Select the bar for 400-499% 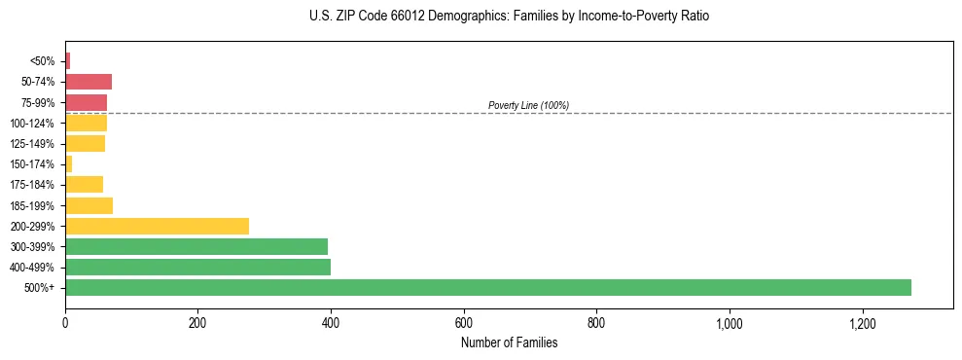pos(197,267)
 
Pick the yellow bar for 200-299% pos(157,226)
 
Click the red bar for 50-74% pos(89,82)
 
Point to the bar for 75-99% pos(86,102)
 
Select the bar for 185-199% pos(89,205)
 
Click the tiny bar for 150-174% pos(69,163)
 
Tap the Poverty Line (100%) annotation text pos(528,105)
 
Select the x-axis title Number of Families pos(509,342)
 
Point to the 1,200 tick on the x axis pos(862,322)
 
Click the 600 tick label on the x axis pos(464,322)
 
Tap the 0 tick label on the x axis pos(65,322)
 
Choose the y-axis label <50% pos(43,61)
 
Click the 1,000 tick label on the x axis pos(730,322)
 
